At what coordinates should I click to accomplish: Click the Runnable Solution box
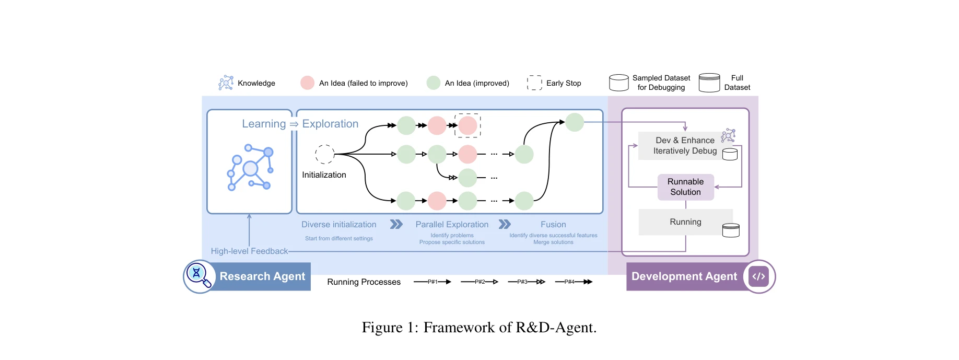click(x=685, y=187)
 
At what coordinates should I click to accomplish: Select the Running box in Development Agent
click(x=685, y=222)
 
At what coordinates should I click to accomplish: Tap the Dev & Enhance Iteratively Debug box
click(x=685, y=146)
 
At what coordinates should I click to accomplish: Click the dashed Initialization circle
click(x=324, y=154)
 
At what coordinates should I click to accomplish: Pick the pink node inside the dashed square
click(x=467, y=125)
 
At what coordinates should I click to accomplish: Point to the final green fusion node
click(x=575, y=122)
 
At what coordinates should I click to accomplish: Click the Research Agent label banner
click(x=262, y=276)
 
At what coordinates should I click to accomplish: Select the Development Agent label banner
click(x=684, y=276)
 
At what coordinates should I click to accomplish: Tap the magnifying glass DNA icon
click(x=198, y=275)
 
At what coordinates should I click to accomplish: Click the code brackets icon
click(x=758, y=276)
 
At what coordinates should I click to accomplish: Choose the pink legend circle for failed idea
click(x=307, y=83)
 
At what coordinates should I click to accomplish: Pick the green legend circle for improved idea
click(x=433, y=83)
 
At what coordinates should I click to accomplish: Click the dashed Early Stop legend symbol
click(x=534, y=83)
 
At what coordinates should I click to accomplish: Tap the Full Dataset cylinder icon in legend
click(x=709, y=83)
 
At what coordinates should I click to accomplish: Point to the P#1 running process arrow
click(x=432, y=282)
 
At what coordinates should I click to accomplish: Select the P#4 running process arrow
click(x=574, y=282)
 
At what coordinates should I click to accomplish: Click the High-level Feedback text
click(x=249, y=251)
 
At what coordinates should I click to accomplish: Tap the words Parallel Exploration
click(x=452, y=225)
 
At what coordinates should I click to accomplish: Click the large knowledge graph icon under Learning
click(x=250, y=167)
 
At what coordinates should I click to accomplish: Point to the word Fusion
click(x=553, y=225)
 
